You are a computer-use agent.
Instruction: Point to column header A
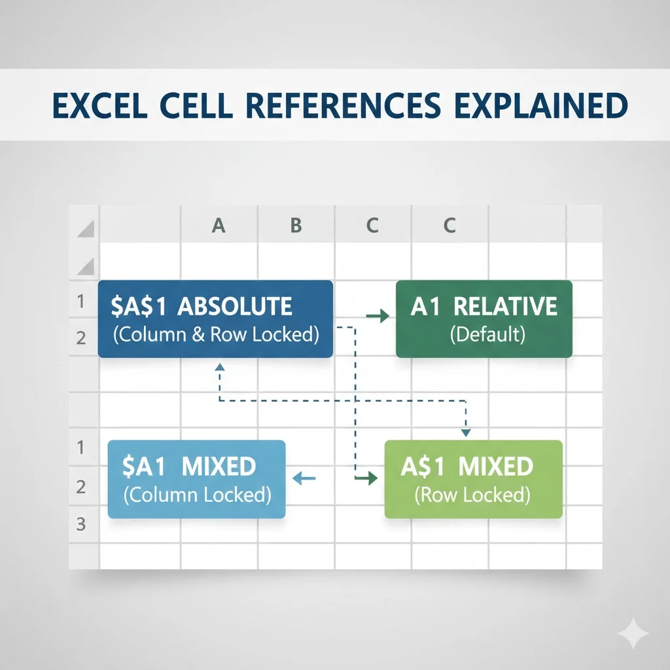tap(219, 226)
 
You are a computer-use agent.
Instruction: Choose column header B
tap(296, 226)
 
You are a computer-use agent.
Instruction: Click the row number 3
tap(81, 524)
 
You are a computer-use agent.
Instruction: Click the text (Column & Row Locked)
tap(216, 334)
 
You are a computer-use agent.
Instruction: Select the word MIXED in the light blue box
tap(219, 467)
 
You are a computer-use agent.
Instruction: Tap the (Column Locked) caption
tap(197, 495)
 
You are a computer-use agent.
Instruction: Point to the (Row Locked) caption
tap(472, 495)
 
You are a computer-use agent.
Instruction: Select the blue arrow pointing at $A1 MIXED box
tap(304, 479)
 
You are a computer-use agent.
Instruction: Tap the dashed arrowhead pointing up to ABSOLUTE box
tap(219, 369)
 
